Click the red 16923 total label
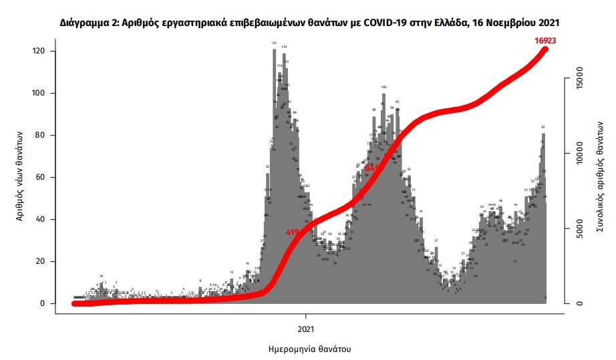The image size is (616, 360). (545, 41)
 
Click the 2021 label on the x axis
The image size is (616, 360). (306, 329)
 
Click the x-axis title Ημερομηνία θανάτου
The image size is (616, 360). (309, 349)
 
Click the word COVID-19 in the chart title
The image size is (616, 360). (383, 23)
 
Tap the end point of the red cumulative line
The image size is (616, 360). (545, 49)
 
